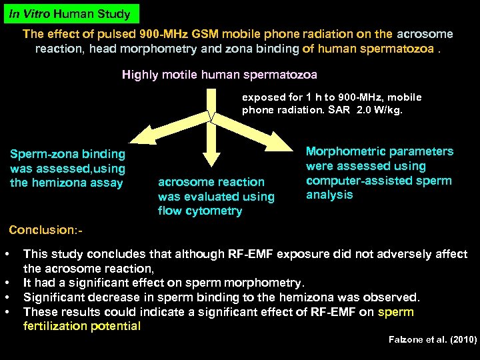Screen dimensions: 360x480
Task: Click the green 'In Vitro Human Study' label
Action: point(70,13)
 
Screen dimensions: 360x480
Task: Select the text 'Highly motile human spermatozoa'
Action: point(219,75)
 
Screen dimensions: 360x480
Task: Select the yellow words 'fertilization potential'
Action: point(82,326)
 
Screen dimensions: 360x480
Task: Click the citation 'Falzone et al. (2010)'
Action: point(433,339)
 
